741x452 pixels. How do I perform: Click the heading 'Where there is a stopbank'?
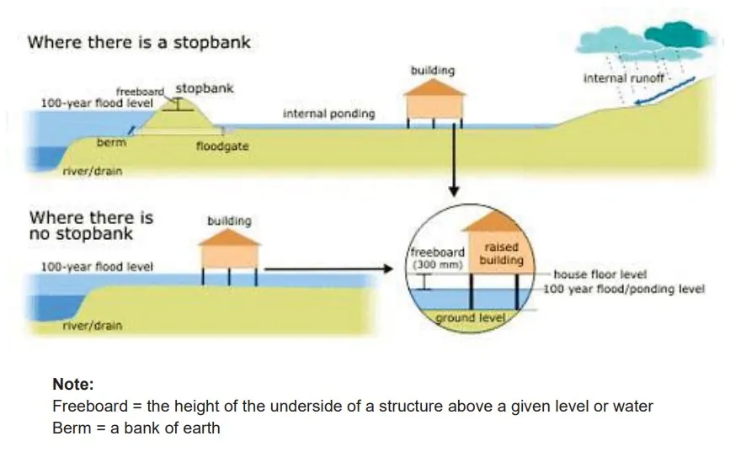click(x=139, y=42)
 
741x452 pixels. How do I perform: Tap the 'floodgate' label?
click(x=222, y=146)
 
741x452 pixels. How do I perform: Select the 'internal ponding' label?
click(x=328, y=114)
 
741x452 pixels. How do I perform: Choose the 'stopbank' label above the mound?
click(x=205, y=88)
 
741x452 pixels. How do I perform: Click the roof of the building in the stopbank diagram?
click(x=434, y=88)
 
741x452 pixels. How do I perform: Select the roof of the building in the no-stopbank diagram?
click(x=229, y=237)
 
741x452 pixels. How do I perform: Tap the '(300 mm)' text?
click(x=436, y=264)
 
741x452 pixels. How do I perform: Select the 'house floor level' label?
click(x=600, y=275)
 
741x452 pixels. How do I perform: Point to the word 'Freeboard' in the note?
click(x=84, y=407)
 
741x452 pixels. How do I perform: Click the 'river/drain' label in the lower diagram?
click(x=92, y=325)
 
